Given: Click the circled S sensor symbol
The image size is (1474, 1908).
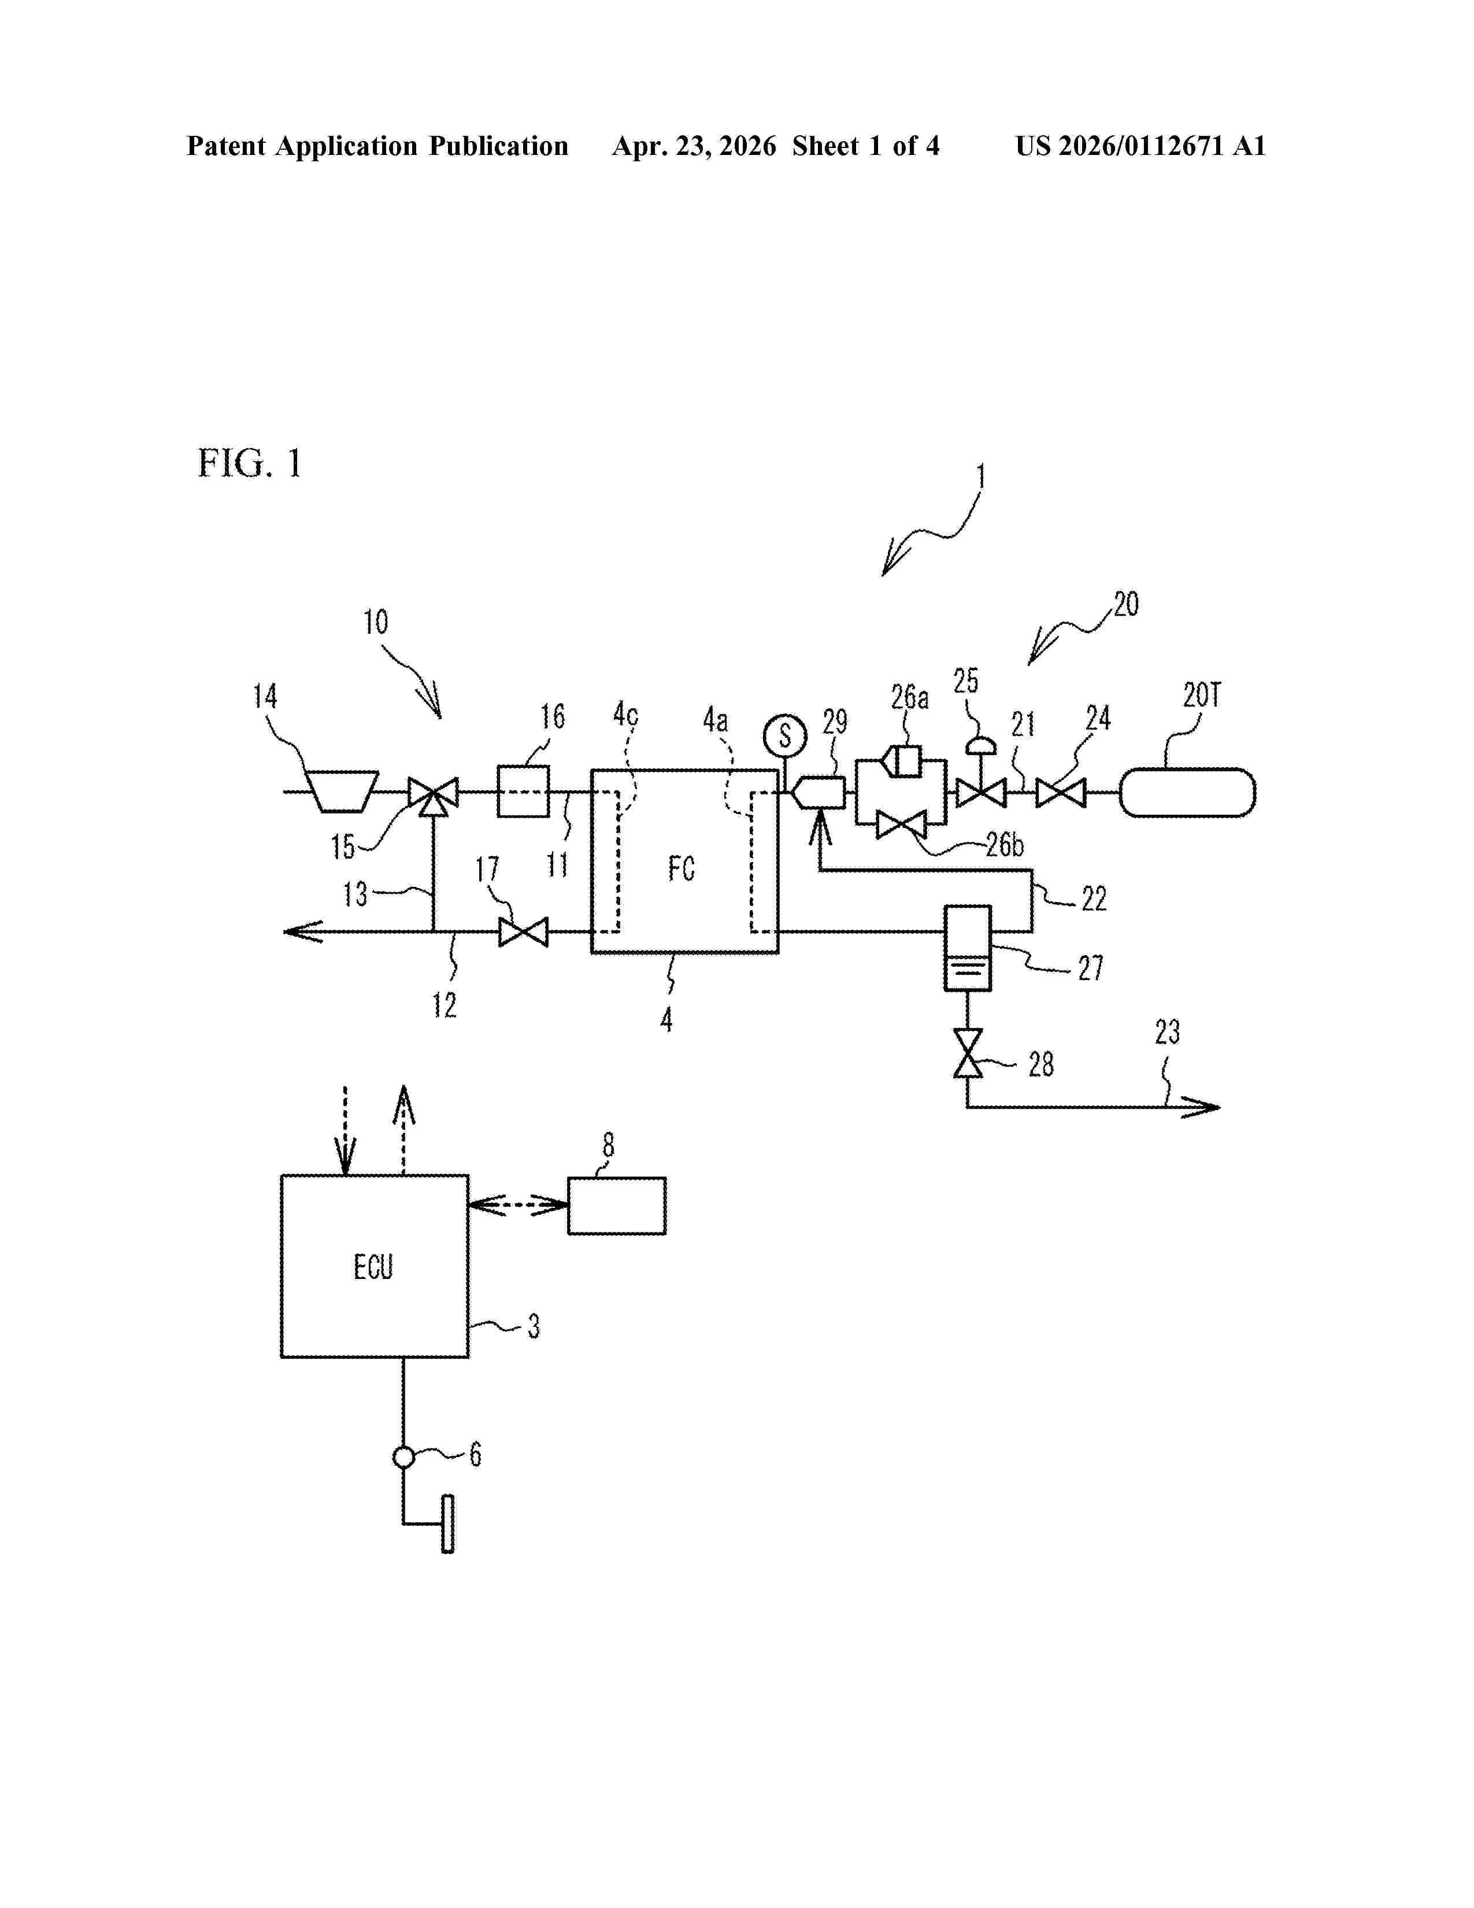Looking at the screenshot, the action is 784,735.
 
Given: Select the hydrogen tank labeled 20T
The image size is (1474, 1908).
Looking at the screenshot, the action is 1187,792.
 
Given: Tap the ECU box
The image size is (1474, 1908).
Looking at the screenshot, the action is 375,1266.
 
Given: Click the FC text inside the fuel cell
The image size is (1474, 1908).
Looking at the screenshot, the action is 681,868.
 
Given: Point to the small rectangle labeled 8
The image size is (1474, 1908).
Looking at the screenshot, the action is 617,1206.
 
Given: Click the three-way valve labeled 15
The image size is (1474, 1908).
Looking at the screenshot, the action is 433,796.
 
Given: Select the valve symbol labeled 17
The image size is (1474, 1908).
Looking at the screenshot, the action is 523,932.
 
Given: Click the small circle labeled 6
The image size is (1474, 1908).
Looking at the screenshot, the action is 403,1457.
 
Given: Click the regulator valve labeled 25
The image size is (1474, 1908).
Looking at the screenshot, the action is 980,782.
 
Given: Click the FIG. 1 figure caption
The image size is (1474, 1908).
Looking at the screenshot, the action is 250,463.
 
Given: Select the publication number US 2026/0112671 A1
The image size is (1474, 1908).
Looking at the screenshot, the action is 1140,146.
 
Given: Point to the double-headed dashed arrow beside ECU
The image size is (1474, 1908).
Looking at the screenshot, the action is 519,1206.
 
